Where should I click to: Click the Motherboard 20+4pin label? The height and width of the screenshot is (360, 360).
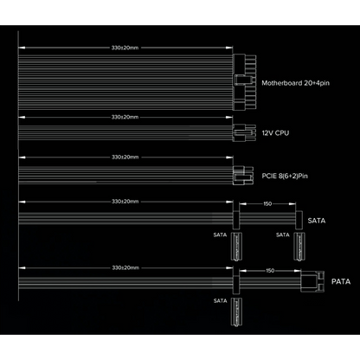(x=295, y=83)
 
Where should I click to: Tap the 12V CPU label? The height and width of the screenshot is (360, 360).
(x=275, y=133)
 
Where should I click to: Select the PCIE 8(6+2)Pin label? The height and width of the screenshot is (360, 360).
(x=285, y=176)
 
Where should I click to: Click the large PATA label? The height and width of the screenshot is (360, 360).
(x=341, y=281)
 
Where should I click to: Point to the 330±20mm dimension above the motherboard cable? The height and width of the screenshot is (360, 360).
(x=125, y=48)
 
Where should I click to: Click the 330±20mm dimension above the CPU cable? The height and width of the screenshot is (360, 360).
(x=125, y=117)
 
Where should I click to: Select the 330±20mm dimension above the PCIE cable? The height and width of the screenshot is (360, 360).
(x=125, y=157)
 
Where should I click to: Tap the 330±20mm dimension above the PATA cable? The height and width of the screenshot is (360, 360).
(x=125, y=267)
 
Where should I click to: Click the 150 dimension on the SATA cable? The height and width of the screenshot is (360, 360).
(x=267, y=203)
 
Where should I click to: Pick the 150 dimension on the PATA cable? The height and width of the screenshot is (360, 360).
(x=270, y=271)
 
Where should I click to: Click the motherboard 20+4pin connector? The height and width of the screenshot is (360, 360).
(x=244, y=82)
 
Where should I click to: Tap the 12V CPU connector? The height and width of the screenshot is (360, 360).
(x=244, y=132)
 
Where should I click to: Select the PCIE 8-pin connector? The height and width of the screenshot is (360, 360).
(x=243, y=175)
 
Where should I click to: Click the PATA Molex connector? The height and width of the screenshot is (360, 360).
(x=312, y=281)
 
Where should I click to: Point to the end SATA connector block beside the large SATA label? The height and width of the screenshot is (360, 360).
(x=299, y=220)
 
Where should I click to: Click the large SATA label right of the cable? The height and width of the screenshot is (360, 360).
(x=317, y=221)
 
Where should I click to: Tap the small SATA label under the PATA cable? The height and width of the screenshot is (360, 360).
(x=221, y=301)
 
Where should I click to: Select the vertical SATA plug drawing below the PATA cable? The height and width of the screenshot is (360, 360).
(x=236, y=312)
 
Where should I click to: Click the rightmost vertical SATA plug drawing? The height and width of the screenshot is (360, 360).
(x=299, y=247)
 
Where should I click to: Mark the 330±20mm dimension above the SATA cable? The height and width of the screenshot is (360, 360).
(x=125, y=202)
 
